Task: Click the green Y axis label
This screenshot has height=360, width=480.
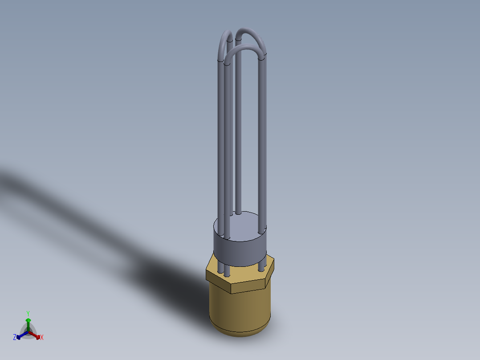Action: pyautogui.click(x=28, y=313)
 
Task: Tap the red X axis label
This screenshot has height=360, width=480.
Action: pyautogui.click(x=42, y=338)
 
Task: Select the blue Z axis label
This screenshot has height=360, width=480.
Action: pyautogui.click(x=14, y=338)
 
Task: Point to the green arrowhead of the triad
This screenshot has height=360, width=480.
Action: pyautogui.click(x=28, y=320)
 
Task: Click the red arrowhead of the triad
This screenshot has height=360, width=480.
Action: pyautogui.click(x=38, y=336)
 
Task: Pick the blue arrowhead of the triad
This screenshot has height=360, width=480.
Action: pyautogui.click(x=18, y=337)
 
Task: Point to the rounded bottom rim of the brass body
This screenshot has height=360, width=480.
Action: pyautogui.click(x=240, y=333)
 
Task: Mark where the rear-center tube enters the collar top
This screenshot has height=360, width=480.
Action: pyautogui.click(x=239, y=213)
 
